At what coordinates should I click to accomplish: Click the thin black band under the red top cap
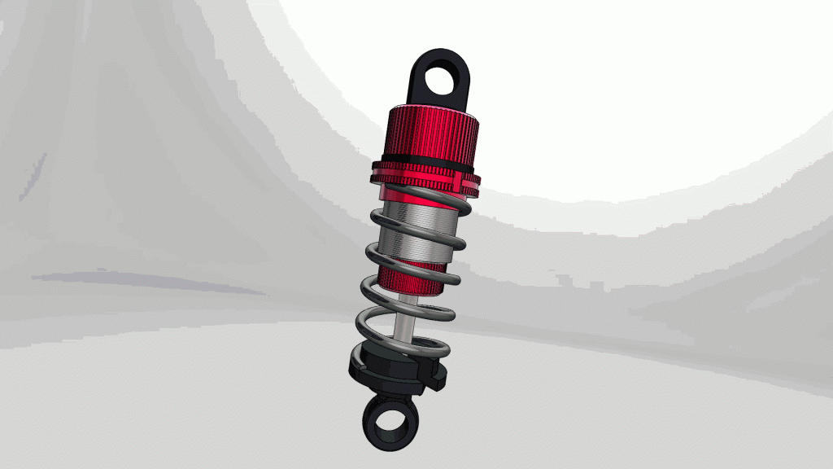pyautogui.click(x=427, y=158)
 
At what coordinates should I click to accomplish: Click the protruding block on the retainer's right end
pyautogui.click(x=437, y=379)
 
